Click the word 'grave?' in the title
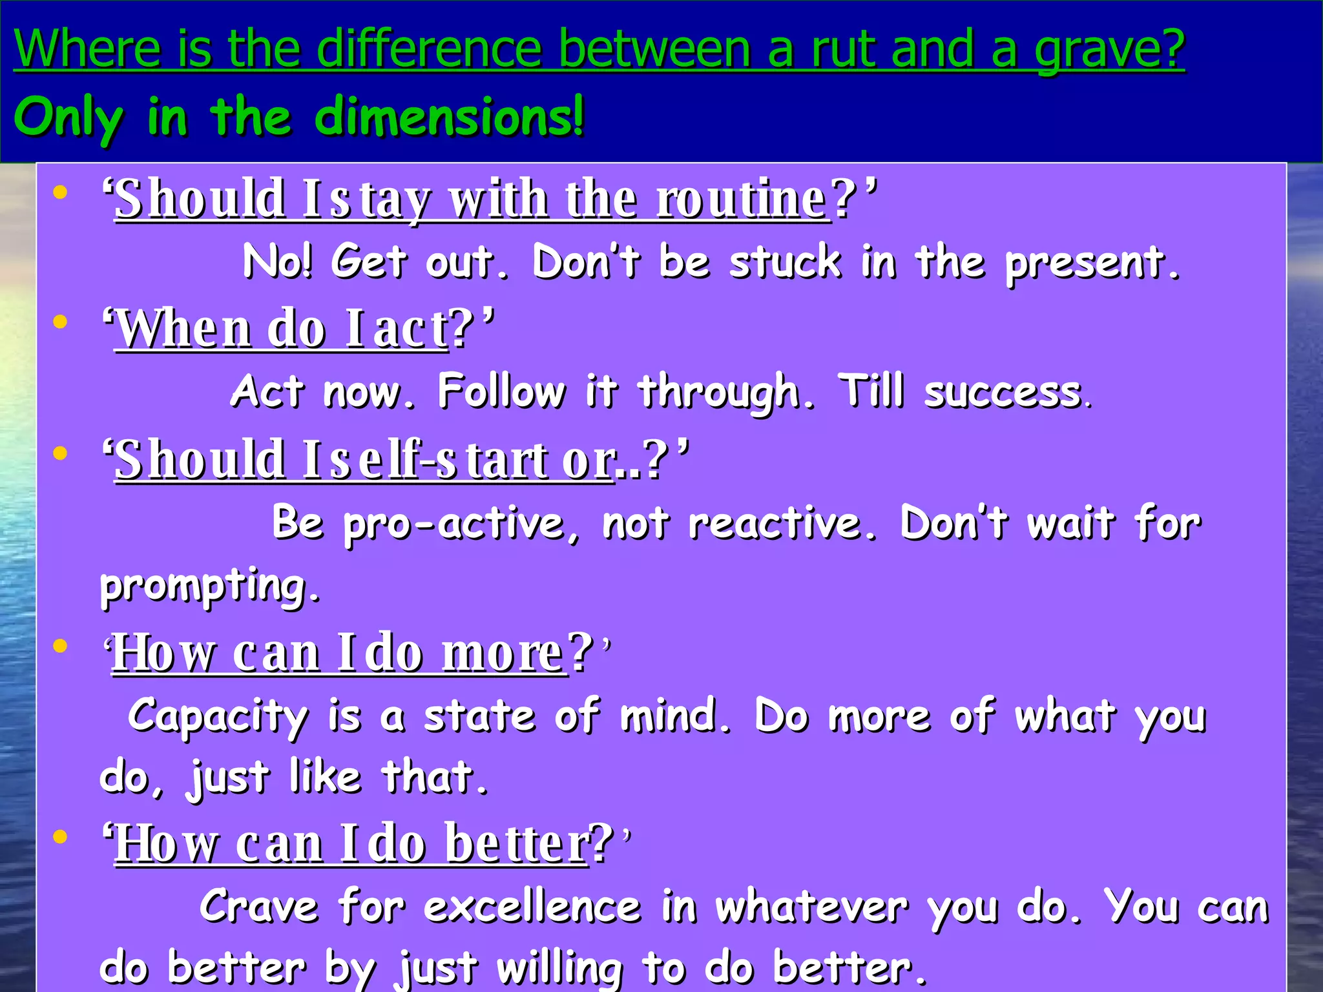point(1109,49)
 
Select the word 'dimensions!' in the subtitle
point(450,116)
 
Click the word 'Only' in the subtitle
point(68,118)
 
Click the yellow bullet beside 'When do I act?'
point(60,322)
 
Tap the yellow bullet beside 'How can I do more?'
point(60,646)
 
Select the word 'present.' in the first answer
point(1092,263)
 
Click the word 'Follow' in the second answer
point(502,391)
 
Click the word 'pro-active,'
point(462,523)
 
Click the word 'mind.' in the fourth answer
point(676,716)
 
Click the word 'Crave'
point(258,906)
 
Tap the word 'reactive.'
point(782,523)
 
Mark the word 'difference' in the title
point(429,49)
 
